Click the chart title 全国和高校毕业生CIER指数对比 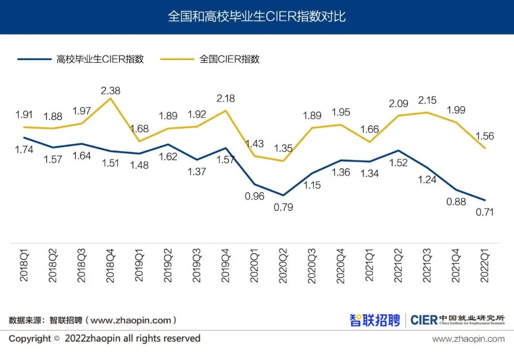(257, 17)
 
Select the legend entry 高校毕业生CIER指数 (100, 60)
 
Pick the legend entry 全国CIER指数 (229, 60)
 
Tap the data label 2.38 (110, 90)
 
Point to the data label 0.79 (283, 207)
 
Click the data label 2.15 (427, 100)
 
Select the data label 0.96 (254, 196)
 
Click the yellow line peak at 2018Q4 (110, 99)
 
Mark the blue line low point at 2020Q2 (283, 195)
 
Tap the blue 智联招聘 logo (375, 320)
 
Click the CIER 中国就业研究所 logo (457, 320)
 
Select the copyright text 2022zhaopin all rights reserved (132, 339)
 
